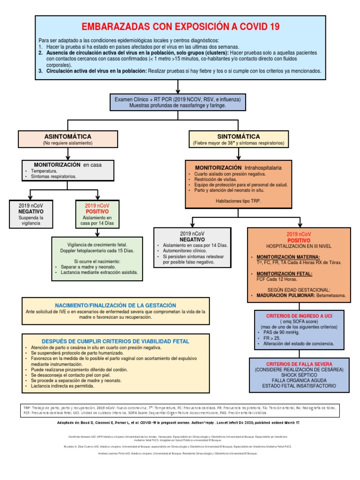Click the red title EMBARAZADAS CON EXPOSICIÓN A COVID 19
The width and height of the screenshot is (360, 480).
pos(180,27)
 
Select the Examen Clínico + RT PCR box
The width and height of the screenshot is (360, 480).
pos(178,103)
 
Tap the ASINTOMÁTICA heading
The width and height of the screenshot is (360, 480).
pos(67,136)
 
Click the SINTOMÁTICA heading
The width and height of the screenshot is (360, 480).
pos(238,136)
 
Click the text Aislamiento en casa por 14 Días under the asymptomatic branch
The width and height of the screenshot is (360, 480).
pos(97,221)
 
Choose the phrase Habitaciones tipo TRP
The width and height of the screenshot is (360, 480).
pos(238,200)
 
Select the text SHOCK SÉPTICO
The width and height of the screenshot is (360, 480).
pos(299,375)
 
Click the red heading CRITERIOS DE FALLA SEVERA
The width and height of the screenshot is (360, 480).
pos(299,364)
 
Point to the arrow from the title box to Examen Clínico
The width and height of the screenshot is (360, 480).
pos(178,87)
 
